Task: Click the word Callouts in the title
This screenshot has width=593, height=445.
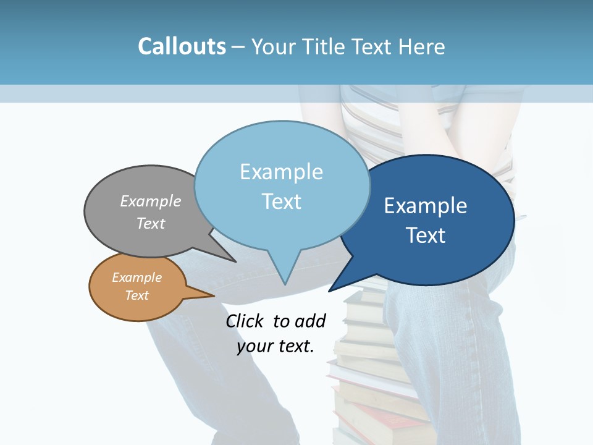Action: [x=182, y=46]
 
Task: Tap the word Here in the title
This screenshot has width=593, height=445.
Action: [x=421, y=46]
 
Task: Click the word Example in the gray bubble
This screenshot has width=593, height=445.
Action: [x=151, y=201]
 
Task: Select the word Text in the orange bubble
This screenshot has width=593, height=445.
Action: [x=137, y=295]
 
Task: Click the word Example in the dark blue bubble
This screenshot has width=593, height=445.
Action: [x=426, y=206]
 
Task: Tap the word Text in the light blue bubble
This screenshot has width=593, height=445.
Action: [x=282, y=201]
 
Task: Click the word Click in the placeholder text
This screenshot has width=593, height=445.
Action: [x=246, y=321]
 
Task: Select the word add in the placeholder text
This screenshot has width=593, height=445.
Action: [x=310, y=321]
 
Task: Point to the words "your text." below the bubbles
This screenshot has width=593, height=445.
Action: [x=275, y=346]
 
